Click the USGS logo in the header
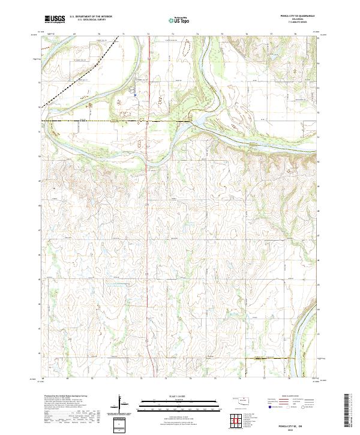tap(55, 19)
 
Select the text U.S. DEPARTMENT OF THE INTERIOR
tap(91, 17)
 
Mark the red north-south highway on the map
tap(149, 240)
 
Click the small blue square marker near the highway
tap(136, 94)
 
